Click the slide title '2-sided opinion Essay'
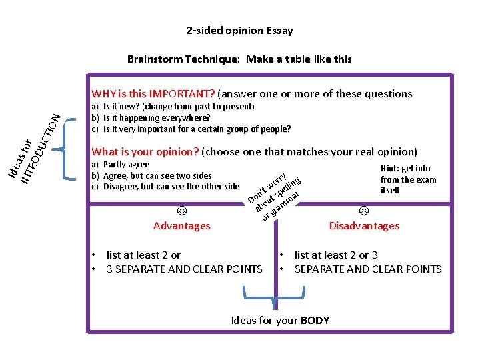point(239,31)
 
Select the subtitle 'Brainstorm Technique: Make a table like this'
point(239,59)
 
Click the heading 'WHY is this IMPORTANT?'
point(153,93)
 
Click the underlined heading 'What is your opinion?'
point(145,151)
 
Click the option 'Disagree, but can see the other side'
point(170,187)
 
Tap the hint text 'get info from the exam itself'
point(408,179)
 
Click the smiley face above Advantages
point(181,211)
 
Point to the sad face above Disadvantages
point(364,211)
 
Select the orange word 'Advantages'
point(181,226)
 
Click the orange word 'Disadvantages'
point(364,226)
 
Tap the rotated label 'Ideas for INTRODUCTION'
point(37,150)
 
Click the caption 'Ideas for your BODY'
point(280,321)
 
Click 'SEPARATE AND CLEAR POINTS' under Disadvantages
point(367,269)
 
